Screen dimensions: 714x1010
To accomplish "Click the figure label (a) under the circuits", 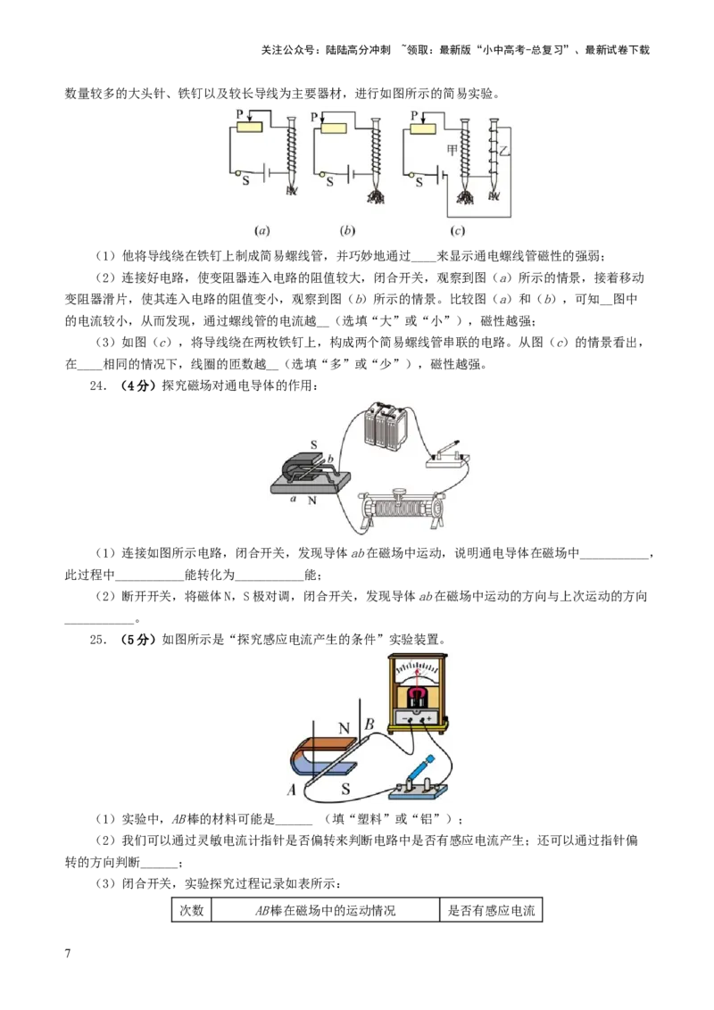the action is tap(262, 230).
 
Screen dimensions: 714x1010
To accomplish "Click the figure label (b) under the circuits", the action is tap(346, 230).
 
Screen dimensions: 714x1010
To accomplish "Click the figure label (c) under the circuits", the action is tap(457, 230).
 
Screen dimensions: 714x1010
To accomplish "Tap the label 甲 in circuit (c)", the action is tap(452, 150).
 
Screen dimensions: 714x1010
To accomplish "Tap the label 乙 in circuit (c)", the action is tap(504, 152).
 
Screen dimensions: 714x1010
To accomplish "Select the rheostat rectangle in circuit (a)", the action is tap(249, 127).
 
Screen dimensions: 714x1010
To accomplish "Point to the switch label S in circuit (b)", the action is tap(330, 182).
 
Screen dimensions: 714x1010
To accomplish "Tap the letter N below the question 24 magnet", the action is tap(311, 500).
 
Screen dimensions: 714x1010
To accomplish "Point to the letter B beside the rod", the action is tap(369, 724).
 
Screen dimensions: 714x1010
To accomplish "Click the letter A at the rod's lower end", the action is tap(291, 789).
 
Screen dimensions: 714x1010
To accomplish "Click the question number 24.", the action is tap(98, 385).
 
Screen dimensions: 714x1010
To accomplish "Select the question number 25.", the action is tap(98, 640).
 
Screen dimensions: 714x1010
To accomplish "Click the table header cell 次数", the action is tap(191, 910).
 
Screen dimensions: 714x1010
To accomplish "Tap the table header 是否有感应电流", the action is tap(491, 910).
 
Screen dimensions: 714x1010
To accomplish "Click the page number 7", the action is tap(68, 953).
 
